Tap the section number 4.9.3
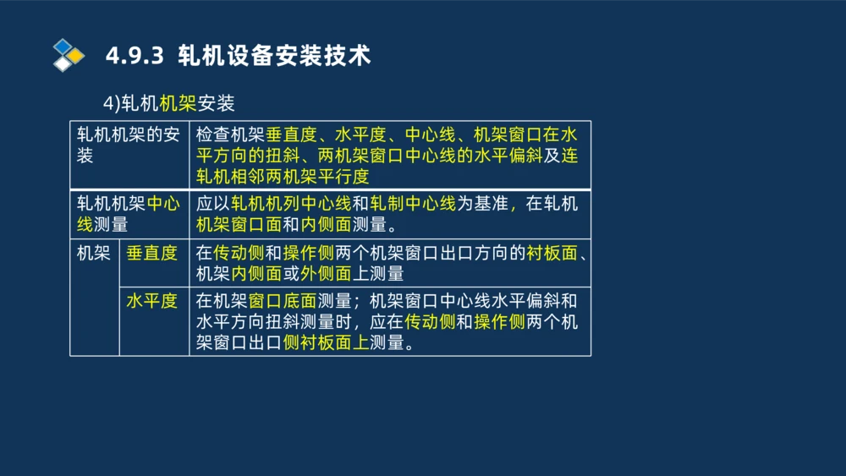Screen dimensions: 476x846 (x=134, y=57)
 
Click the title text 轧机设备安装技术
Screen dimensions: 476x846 (x=275, y=56)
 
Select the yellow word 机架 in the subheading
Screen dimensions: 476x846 (x=178, y=103)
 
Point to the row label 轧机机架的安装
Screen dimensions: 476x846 (x=128, y=145)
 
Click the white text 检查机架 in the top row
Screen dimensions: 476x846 (x=230, y=134)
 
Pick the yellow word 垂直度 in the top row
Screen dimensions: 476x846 (x=290, y=134)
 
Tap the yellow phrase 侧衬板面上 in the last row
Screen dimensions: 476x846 (x=326, y=342)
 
